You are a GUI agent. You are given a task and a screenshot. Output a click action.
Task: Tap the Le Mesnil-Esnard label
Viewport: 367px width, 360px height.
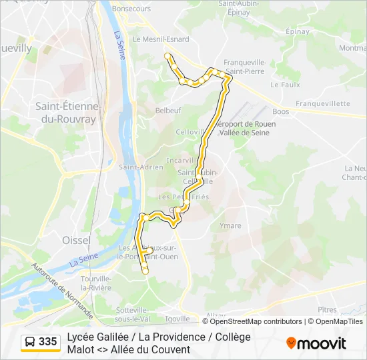pyautogui.click(x=161, y=39)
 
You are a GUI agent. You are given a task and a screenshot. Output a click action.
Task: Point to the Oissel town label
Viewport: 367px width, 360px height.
pyautogui.click(x=75, y=239)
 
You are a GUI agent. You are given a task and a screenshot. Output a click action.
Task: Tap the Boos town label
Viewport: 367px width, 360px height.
pyautogui.click(x=281, y=112)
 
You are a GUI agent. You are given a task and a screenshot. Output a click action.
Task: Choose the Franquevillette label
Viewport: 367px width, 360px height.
pyautogui.click(x=323, y=104)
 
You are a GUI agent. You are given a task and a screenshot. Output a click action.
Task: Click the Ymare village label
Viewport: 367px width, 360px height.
pyautogui.click(x=230, y=225)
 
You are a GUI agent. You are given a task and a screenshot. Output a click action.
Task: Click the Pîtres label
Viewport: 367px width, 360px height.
pyautogui.click(x=328, y=310)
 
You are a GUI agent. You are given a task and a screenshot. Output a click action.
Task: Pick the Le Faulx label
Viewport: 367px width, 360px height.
pyautogui.click(x=284, y=85)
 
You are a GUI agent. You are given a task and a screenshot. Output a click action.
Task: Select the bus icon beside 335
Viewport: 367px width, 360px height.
pyautogui.click(x=30, y=342)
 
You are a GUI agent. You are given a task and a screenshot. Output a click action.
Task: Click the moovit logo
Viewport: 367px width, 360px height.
pyautogui.click(x=316, y=343)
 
